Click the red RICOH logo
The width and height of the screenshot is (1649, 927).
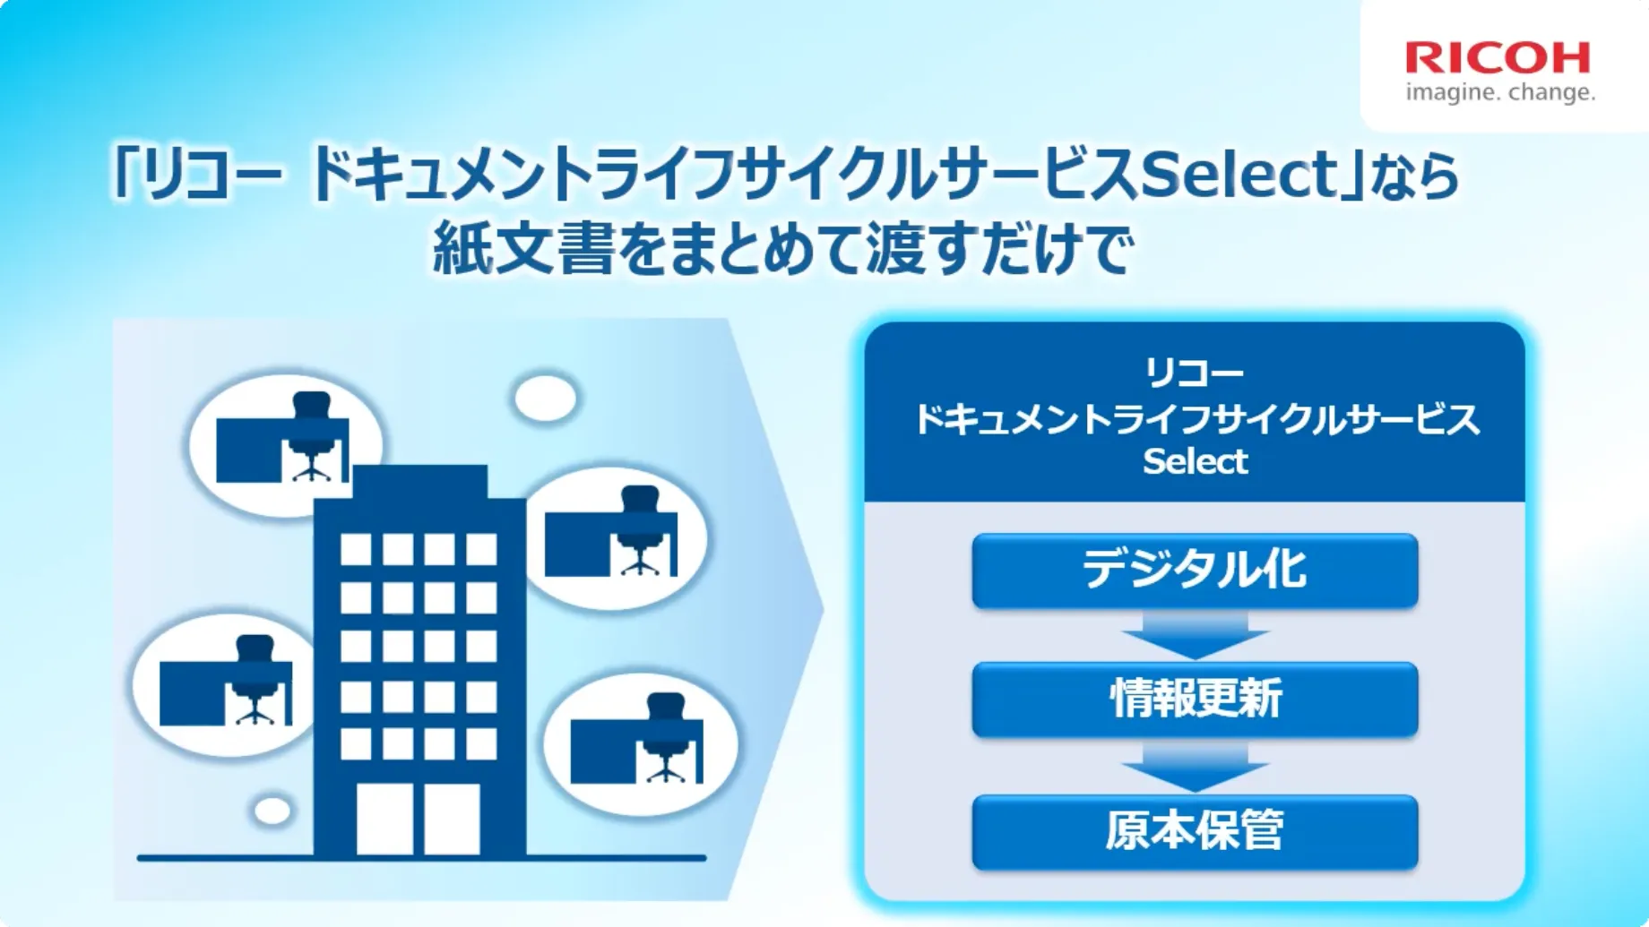[x=1498, y=58]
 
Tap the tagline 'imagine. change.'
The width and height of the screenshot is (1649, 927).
[x=1500, y=92]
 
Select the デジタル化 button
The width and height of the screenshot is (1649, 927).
[x=1195, y=571]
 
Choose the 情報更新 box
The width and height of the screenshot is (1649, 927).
[x=1195, y=699]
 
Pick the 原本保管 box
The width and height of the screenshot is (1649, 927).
[x=1195, y=831]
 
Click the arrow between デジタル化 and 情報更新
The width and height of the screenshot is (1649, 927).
[x=1195, y=635]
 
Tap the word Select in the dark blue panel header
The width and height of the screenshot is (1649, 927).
[x=1195, y=461]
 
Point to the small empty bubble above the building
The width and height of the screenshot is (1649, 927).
[x=546, y=398]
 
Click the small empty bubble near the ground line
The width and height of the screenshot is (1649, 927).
[x=272, y=811]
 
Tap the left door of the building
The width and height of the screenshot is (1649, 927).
[x=384, y=820]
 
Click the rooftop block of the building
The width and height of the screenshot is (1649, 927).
[x=420, y=482]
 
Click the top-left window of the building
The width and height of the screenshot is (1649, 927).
[x=356, y=549]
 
